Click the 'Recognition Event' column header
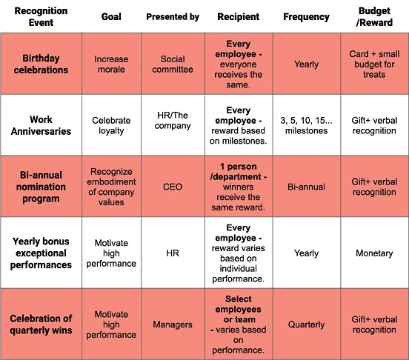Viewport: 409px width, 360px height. click(x=41, y=17)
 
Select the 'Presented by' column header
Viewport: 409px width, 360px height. click(x=173, y=17)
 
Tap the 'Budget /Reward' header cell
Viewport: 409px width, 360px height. click(x=374, y=17)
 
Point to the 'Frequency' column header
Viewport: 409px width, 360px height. click(x=306, y=17)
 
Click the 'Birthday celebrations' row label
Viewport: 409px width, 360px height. click(x=41, y=64)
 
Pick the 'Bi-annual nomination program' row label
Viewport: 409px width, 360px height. click(x=41, y=187)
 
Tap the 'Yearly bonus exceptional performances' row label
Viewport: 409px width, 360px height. click(x=41, y=253)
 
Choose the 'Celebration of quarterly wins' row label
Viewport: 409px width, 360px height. click(x=41, y=324)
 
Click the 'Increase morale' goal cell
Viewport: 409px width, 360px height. click(x=111, y=64)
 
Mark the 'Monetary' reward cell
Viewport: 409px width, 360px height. click(x=374, y=253)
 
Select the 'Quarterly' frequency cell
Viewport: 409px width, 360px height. click(x=306, y=324)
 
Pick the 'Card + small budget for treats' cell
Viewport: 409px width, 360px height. click(x=374, y=64)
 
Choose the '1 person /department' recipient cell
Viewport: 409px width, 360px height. click(x=239, y=187)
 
